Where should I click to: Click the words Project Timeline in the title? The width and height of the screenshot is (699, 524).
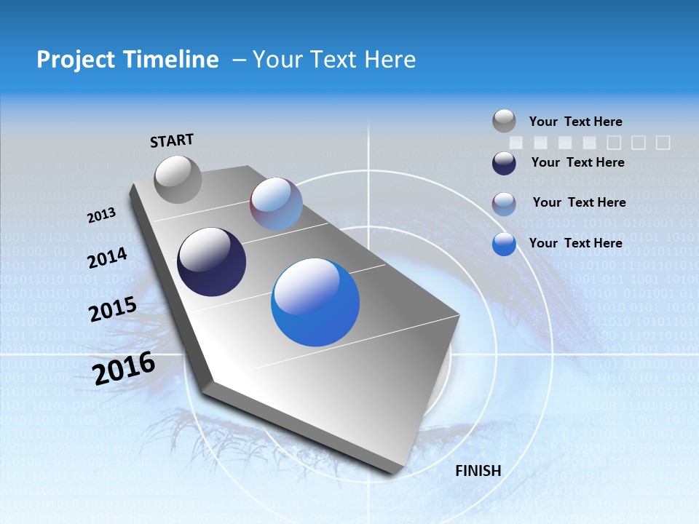coord(127,60)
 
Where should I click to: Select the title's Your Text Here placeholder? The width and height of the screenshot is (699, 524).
coord(334,60)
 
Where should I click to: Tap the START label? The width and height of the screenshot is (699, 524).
coord(172,140)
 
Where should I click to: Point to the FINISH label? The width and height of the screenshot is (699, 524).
coord(478,471)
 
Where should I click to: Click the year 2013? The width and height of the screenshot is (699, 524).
coord(101,215)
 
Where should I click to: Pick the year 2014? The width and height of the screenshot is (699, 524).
coord(107,258)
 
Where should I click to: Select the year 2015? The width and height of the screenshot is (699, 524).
coord(113,309)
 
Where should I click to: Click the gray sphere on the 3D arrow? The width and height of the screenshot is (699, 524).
coord(178,179)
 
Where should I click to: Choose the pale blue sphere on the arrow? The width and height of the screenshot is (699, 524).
coord(276,204)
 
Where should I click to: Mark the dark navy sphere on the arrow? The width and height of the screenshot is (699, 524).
coord(212,262)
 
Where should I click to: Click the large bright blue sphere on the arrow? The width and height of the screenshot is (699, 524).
coord(315,302)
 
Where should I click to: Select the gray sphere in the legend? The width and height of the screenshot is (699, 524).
coord(504,121)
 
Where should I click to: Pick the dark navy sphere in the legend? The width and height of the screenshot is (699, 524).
coord(504,163)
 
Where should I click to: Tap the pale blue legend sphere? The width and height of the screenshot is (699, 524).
coord(504,204)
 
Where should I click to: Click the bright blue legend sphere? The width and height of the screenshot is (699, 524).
coord(504,244)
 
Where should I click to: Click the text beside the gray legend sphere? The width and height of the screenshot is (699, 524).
coord(575,122)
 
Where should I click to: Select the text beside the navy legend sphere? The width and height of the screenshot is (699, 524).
coord(577,162)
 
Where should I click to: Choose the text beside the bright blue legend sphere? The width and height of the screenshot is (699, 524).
coord(575,243)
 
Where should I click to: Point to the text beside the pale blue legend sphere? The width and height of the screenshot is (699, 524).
coord(579,202)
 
